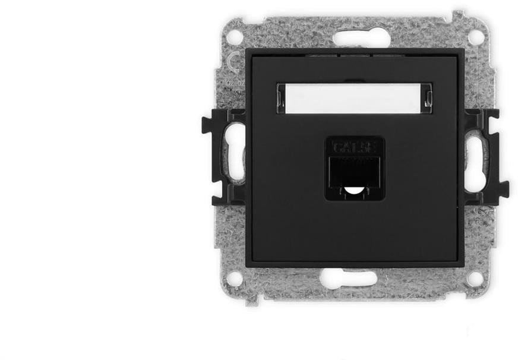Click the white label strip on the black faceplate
354,98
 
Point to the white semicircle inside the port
354,191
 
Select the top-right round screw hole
475,37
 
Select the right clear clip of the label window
428,98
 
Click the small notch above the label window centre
354,79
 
